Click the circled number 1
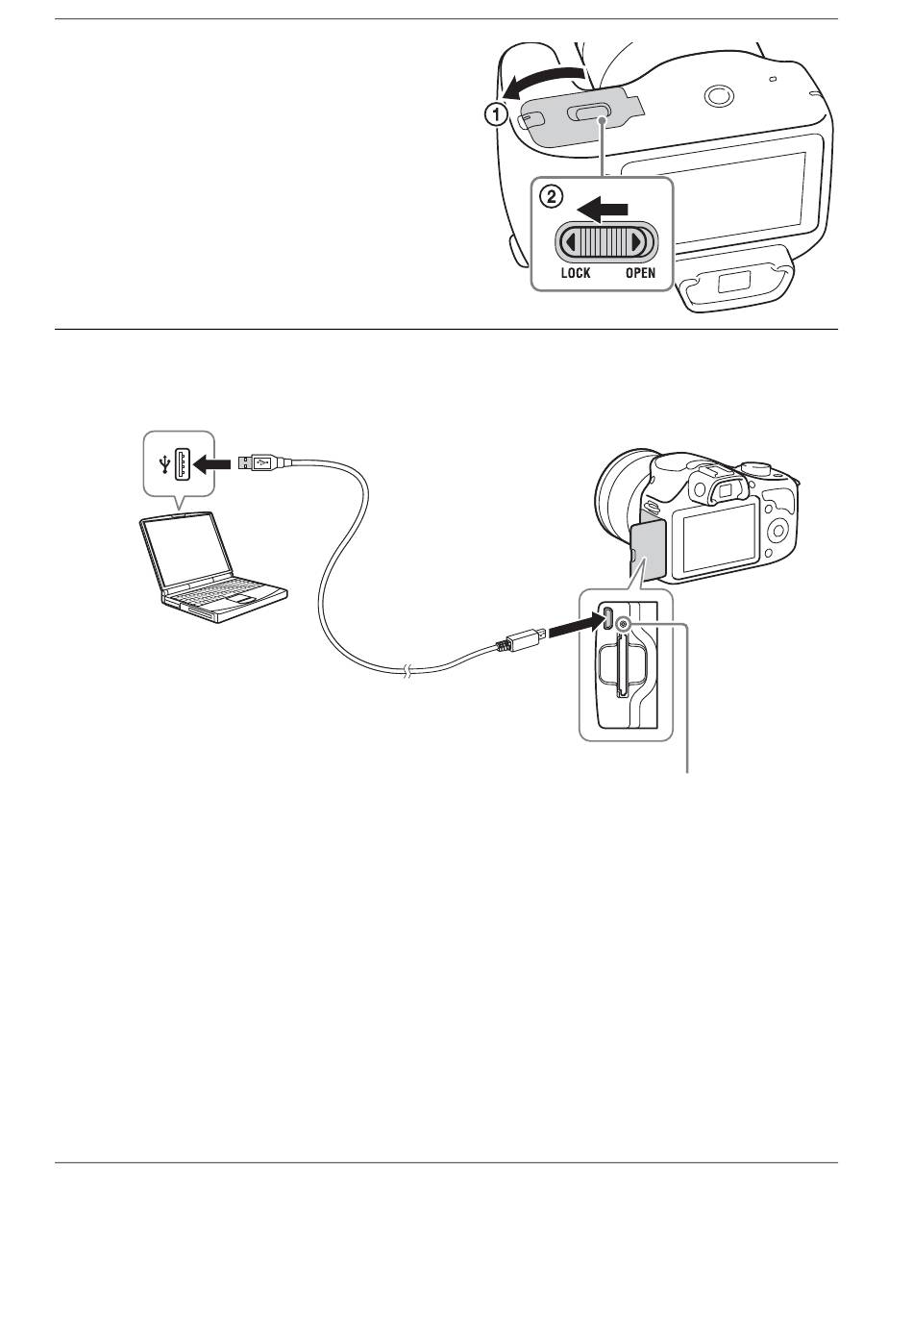496,113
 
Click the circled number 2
552,197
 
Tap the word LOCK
576,273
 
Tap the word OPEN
640,273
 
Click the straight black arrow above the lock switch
603,210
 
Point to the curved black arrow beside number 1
542,82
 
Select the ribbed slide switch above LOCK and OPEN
605,241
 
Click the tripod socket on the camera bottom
719,95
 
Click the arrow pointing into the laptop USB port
211,465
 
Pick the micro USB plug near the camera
520,640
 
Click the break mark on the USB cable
407,671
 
